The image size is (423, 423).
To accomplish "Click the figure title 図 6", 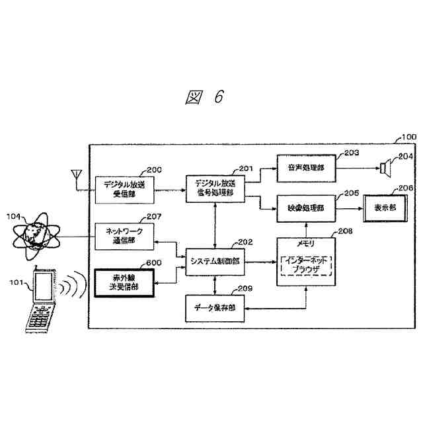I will click(x=204, y=96).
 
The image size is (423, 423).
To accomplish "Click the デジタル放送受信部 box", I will click(x=124, y=189).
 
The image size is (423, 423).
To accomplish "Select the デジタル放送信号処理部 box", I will click(x=214, y=188).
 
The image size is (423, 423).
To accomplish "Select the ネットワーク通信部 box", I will click(x=124, y=237).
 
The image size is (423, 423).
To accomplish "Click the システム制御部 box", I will click(x=214, y=262).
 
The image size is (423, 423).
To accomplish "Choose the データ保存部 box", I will click(x=214, y=308).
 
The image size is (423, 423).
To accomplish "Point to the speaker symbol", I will click(x=384, y=168).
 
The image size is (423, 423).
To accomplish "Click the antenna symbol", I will click(x=77, y=178).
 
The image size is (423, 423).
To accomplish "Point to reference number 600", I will click(x=153, y=262).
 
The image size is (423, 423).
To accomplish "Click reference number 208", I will click(x=345, y=232).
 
